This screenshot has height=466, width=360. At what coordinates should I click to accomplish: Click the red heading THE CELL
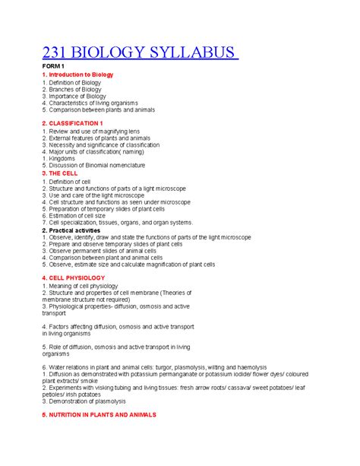click(x=66, y=173)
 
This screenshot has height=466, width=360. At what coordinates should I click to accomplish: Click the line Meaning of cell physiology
click(x=89, y=285)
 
